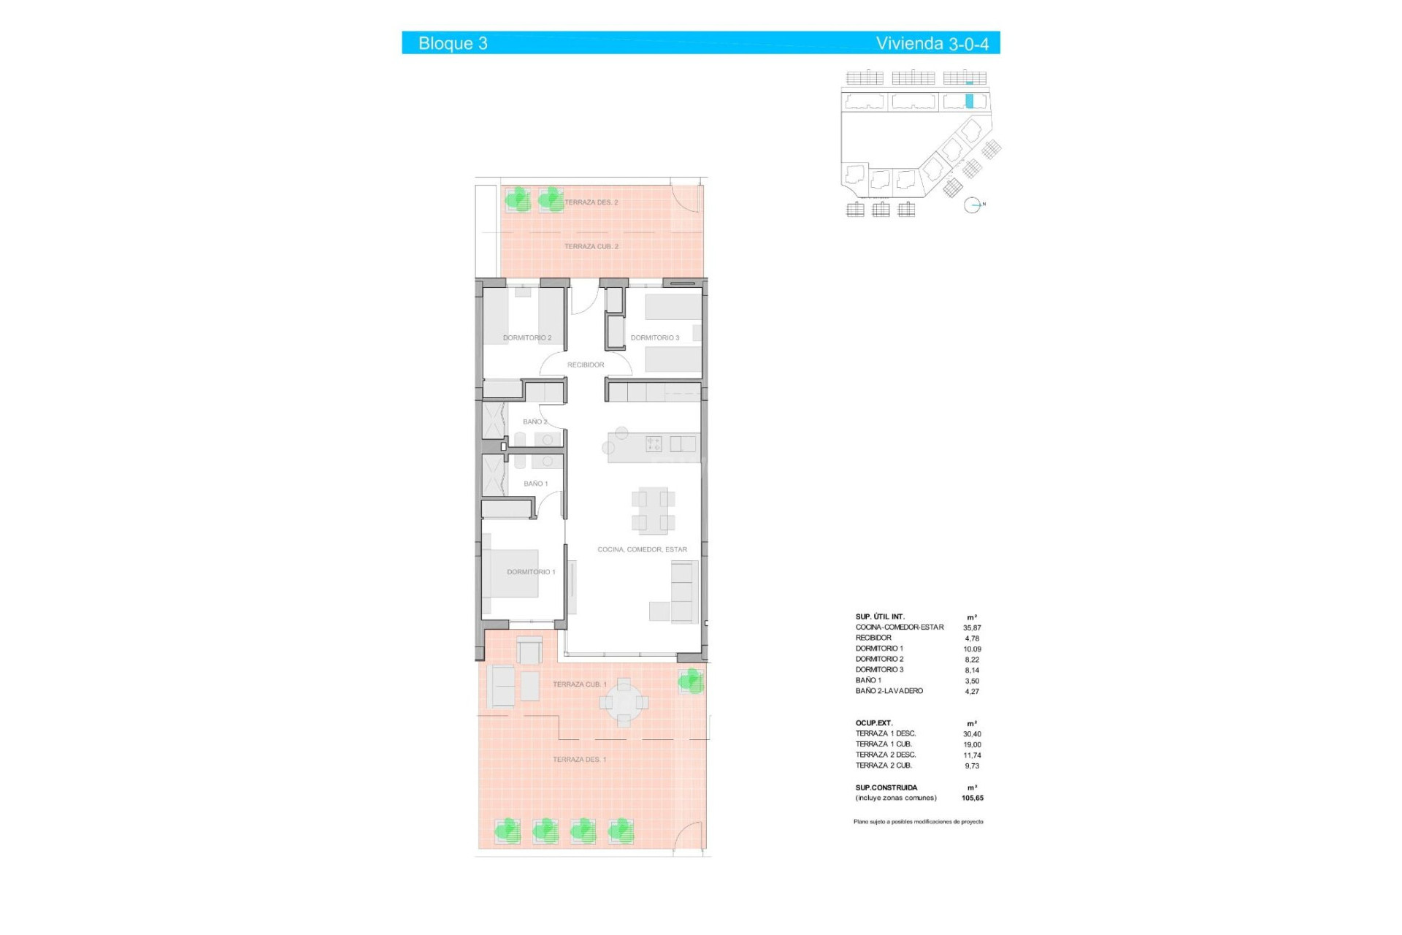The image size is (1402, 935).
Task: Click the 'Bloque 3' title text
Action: click(453, 44)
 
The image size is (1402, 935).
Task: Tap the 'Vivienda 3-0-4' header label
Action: click(932, 44)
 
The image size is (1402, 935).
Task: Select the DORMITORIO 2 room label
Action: click(527, 338)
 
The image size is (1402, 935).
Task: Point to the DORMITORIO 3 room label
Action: click(655, 338)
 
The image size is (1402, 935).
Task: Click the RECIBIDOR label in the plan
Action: click(586, 365)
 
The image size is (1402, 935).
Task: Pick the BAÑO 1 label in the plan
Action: click(535, 484)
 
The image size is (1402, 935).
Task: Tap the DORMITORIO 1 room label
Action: click(531, 572)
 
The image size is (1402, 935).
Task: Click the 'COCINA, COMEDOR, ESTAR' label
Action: click(642, 549)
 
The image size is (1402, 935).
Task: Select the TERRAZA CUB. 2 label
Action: click(591, 247)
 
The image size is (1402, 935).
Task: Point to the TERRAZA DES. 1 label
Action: click(579, 760)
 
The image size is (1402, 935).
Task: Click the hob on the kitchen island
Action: click(654, 443)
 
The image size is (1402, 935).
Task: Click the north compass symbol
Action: click(972, 205)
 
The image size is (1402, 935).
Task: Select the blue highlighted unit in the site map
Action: click(970, 102)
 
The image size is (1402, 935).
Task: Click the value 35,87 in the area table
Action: click(972, 627)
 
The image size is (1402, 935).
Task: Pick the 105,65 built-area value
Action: click(972, 798)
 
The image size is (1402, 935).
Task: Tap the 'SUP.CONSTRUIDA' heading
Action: click(886, 788)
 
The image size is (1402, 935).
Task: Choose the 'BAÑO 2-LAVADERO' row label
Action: click(889, 691)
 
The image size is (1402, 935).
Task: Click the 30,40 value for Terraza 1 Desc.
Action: click(972, 734)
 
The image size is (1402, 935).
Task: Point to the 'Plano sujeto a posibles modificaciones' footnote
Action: click(918, 822)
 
